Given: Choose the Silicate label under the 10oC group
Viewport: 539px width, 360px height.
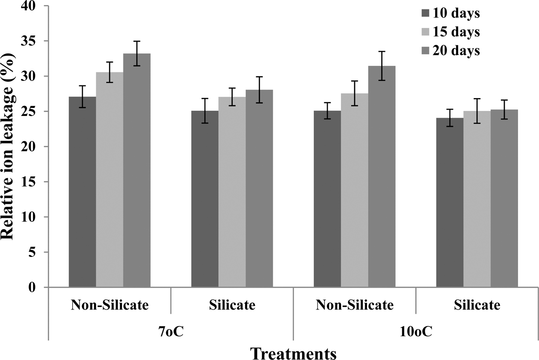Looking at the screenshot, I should [x=477, y=305].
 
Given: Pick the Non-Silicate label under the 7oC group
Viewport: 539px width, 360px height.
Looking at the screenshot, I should [x=110, y=305].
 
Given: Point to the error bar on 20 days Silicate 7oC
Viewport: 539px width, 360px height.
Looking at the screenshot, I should [x=259, y=90].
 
